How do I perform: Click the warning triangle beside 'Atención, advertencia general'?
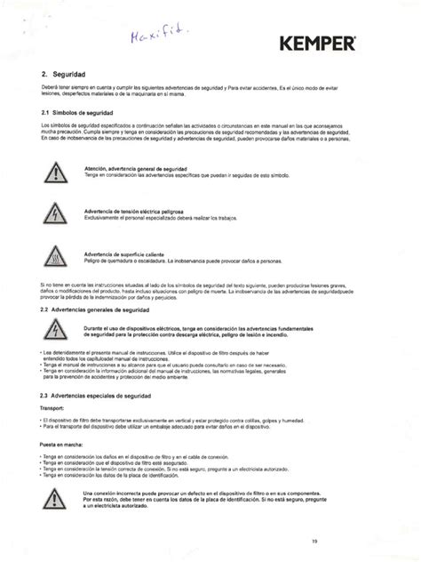point(56,173)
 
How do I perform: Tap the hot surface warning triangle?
point(56,257)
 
